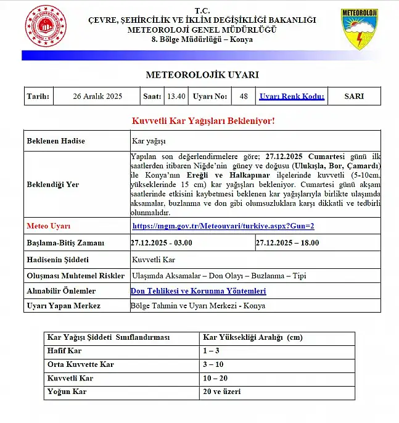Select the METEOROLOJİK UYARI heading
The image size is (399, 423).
click(202, 75)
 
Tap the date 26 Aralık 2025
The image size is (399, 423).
click(97, 96)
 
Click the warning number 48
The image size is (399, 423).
click(244, 96)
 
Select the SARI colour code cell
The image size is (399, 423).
click(353, 96)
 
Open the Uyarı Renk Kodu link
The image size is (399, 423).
click(292, 96)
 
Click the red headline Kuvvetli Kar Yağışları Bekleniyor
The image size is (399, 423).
click(203, 120)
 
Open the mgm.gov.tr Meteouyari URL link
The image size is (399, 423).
click(223, 226)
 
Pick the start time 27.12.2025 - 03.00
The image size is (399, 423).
click(162, 243)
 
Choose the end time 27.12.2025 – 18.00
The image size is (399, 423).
click(287, 243)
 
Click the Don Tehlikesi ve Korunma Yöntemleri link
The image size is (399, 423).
click(199, 290)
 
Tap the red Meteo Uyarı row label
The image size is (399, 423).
click(49, 226)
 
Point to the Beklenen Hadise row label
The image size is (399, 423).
click(56, 141)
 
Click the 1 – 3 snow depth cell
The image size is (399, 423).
click(210, 351)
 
